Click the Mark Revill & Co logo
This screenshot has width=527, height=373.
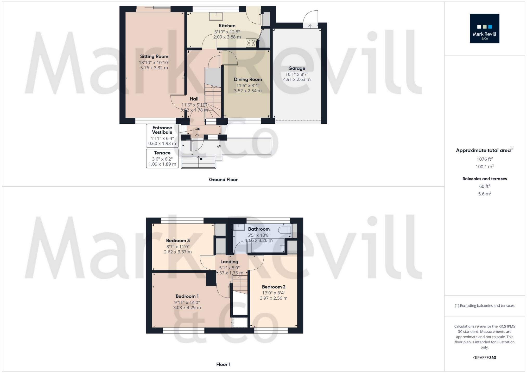click(x=484, y=28)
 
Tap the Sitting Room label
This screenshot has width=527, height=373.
click(x=154, y=56)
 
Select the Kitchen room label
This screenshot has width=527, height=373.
click(x=227, y=26)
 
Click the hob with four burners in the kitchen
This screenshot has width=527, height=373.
click(x=251, y=43)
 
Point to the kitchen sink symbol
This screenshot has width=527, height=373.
click(x=216, y=16)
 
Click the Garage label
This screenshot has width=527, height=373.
click(x=297, y=68)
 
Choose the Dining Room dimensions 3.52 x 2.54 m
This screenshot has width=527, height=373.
click(x=248, y=91)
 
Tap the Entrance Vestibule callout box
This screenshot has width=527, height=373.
click(x=162, y=136)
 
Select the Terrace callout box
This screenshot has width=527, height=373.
click(x=162, y=159)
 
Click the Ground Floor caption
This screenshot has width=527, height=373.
click(x=223, y=180)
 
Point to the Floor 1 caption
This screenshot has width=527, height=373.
click(x=223, y=364)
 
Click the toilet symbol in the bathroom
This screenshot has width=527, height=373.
click(x=285, y=230)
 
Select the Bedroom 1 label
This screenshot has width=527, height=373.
click(x=187, y=296)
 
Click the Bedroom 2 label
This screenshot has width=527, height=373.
click(x=274, y=287)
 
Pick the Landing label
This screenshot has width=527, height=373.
click(x=229, y=262)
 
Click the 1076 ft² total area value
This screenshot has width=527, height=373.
click(x=485, y=159)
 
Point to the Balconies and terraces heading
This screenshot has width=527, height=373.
click(x=485, y=179)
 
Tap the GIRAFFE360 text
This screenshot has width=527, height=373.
click(x=485, y=358)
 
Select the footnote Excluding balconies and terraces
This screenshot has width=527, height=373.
click(x=485, y=306)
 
